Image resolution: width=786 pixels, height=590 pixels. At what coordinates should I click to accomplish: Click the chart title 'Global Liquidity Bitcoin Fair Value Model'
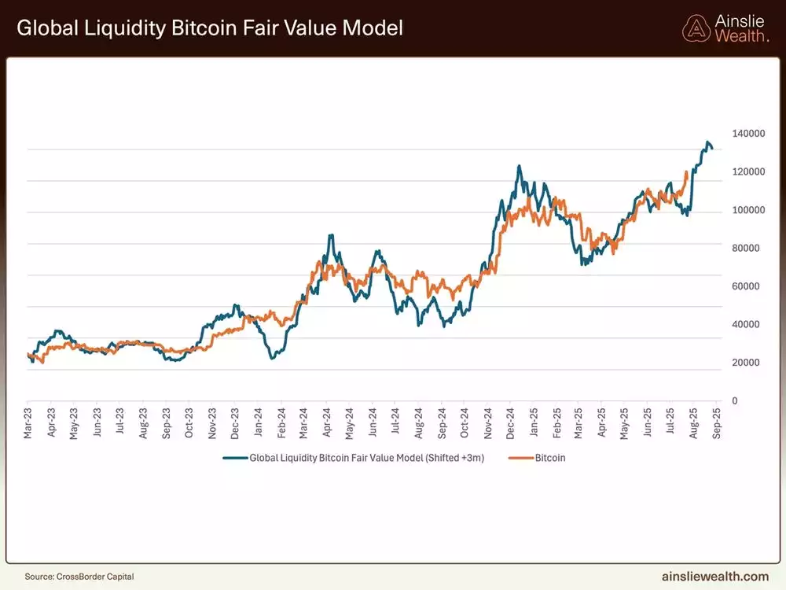pyautogui.click(x=209, y=28)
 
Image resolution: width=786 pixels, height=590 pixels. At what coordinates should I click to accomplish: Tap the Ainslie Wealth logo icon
pyautogui.click(x=696, y=28)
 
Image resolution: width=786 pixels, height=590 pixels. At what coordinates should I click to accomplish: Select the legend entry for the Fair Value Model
pyautogui.click(x=354, y=457)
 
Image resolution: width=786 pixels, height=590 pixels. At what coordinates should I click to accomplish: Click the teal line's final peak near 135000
pyautogui.click(x=707, y=142)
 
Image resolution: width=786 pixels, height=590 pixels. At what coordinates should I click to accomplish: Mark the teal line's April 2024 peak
pyautogui.click(x=331, y=235)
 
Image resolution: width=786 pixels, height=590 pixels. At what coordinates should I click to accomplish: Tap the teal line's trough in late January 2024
pyautogui.click(x=272, y=358)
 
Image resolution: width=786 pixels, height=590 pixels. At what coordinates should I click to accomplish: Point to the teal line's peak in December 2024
pyautogui.click(x=519, y=167)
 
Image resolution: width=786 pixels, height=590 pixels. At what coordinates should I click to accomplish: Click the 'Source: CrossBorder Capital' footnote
pyautogui.click(x=79, y=577)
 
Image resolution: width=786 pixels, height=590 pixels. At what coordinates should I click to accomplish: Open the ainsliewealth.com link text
pyautogui.click(x=715, y=576)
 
